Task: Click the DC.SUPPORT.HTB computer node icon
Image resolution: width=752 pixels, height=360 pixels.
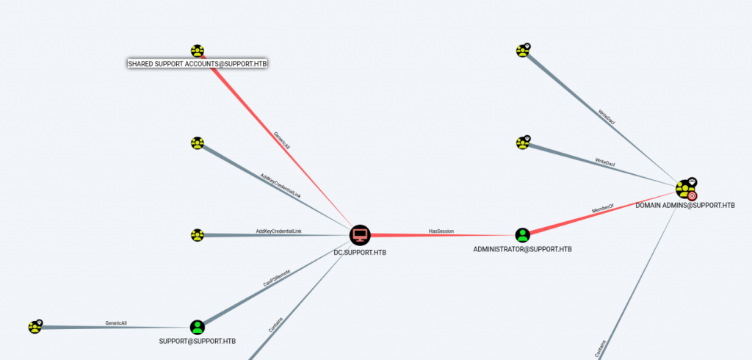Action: [x=360, y=235]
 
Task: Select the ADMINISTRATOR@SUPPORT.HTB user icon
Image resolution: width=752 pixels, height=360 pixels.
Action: [x=522, y=235]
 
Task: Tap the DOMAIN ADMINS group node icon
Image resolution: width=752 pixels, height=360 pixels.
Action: [x=686, y=190]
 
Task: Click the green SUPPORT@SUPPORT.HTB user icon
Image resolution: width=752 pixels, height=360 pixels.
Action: [x=197, y=327]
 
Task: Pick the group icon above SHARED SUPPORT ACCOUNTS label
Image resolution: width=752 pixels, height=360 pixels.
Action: [x=197, y=51]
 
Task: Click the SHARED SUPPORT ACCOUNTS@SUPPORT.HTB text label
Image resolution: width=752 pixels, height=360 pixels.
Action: [x=197, y=64]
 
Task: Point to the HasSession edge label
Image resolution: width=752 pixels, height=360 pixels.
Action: [x=441, y=231]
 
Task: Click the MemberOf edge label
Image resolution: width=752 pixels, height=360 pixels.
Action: [x=603, y=211]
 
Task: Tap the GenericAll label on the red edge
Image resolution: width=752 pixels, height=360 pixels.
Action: [x=281, y=140]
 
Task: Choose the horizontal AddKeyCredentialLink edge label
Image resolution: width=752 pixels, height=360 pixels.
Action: [x=278, y=231]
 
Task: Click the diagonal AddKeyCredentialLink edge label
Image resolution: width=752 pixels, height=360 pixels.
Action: [x=281, y=185]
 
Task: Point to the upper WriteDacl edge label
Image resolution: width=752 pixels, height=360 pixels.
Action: [x=607, y=117]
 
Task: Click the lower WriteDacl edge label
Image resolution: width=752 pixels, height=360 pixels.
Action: [x=604, y=160]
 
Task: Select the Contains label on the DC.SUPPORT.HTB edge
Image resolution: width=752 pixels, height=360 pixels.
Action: [x=275, y=324]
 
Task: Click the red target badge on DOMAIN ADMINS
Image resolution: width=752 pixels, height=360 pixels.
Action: [x=692, y=195]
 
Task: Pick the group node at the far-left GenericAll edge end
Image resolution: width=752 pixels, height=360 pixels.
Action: [x=35, y=327]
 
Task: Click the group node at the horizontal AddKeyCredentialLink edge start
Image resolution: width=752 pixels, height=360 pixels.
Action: [x=197, y=235]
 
